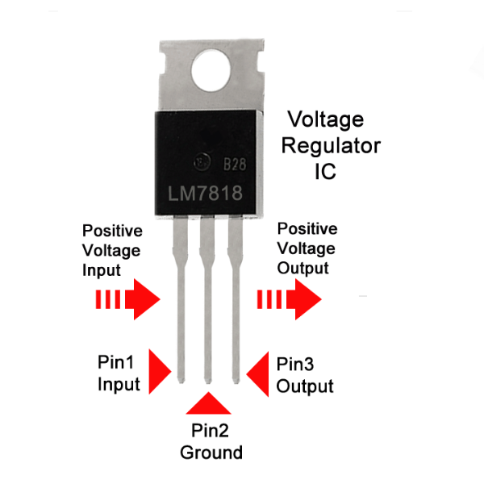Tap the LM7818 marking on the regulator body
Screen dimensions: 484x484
click(212, 194)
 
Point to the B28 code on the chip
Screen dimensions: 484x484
click(235, 165)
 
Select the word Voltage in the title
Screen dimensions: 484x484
click(326, 120)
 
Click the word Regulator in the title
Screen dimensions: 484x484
click(332, 146)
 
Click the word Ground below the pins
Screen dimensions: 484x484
click(211, 452)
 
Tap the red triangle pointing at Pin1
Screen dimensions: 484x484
click(161, 373)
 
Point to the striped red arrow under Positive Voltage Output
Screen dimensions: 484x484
click(288, 300)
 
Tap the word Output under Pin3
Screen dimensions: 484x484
click(305, 386)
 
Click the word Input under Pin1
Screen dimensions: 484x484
click(119, 385)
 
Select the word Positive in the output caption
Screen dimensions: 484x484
click(307, 230)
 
